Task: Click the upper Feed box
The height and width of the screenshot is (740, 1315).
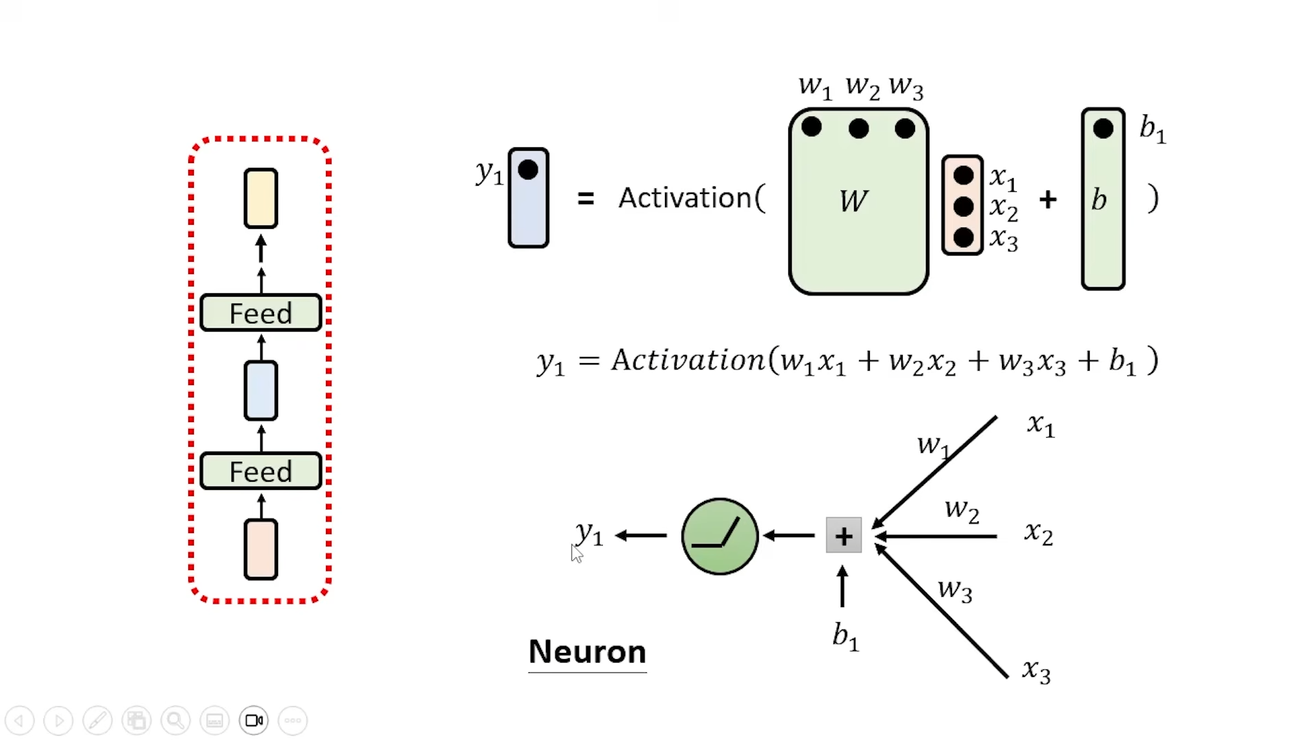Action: coord(260,313)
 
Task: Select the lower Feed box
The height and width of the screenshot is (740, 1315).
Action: coord(260,471)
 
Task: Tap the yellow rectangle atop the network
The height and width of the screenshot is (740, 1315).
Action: coord(261,198)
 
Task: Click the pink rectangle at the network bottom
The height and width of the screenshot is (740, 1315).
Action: coord(261,550)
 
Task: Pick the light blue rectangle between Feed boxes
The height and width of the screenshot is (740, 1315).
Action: coord(261,391)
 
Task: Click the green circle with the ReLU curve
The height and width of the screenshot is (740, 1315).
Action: coord(720,536)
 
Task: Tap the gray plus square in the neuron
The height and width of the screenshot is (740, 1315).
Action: coord(844,536)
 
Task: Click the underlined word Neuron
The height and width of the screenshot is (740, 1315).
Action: coord(587,652)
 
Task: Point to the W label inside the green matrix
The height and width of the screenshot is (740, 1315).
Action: coord(853,201)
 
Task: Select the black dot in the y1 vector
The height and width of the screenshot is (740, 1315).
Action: coord(528,170)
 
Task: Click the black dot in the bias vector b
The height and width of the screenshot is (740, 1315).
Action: coord(1103,129)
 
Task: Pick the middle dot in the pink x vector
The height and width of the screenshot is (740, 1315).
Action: coord(963,206)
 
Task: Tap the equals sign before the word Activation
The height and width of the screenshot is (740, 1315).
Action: coord(586,199)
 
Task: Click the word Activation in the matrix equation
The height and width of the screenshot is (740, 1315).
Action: coord(685,198)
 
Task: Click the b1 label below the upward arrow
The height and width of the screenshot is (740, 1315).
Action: coord(845,637)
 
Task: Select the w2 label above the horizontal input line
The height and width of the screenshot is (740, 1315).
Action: coord(962,510)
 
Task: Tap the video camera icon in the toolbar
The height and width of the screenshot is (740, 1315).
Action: coord(254,720)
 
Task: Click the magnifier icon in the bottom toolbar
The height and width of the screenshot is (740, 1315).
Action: coord(175,720)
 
